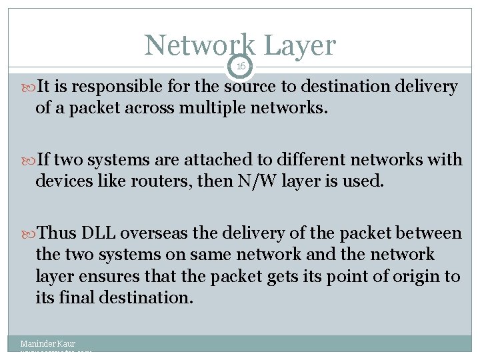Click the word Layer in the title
coord(299,45)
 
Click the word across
coord(150,107)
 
